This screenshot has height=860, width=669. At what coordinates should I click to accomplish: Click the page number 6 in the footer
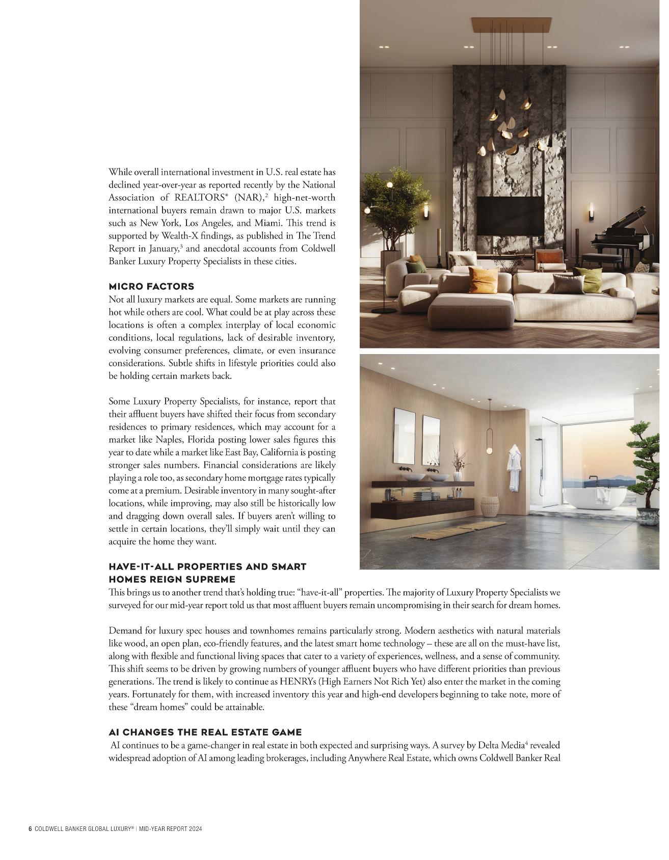(30, 829)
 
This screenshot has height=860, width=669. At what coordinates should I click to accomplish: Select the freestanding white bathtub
(598, 504)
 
